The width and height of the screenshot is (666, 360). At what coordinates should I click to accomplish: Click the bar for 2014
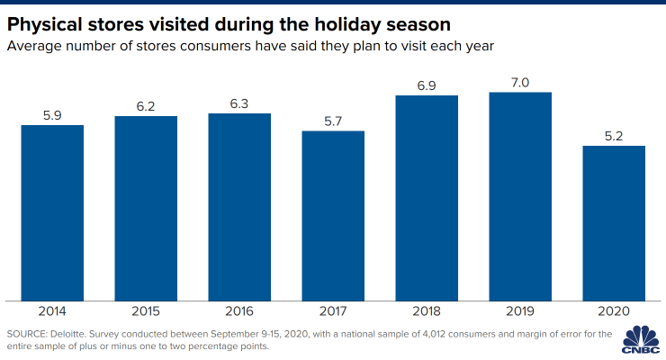(x=52, y=212)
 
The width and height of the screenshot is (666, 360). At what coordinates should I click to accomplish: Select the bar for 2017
(x=333, y=215)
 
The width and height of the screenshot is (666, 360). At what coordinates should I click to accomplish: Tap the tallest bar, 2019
(x=520, y=196)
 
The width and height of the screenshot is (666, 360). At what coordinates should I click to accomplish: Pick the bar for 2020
(x=614, y=222)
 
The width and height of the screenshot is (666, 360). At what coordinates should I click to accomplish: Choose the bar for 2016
(x=239, y=206)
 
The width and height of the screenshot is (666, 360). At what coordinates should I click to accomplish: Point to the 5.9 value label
(x=52, y=115)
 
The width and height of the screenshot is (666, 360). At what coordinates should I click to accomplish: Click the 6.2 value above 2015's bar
(x=146, y=106)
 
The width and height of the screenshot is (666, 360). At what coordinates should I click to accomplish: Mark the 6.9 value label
(x=427, y=85)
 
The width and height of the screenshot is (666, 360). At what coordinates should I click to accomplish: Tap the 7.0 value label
(x=520, y=82)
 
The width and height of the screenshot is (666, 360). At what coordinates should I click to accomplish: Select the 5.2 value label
(x=614, y=136)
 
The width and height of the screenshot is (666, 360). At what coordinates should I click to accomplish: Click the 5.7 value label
(x=333, y=121)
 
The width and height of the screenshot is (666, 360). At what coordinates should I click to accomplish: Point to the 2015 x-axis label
(x=146, y=311)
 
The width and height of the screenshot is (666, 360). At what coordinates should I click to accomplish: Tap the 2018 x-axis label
(x=427, y=311)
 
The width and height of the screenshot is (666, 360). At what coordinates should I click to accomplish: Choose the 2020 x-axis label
(x=614, y=311)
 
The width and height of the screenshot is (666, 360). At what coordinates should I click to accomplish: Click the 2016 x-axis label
(x=239, y=311)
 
